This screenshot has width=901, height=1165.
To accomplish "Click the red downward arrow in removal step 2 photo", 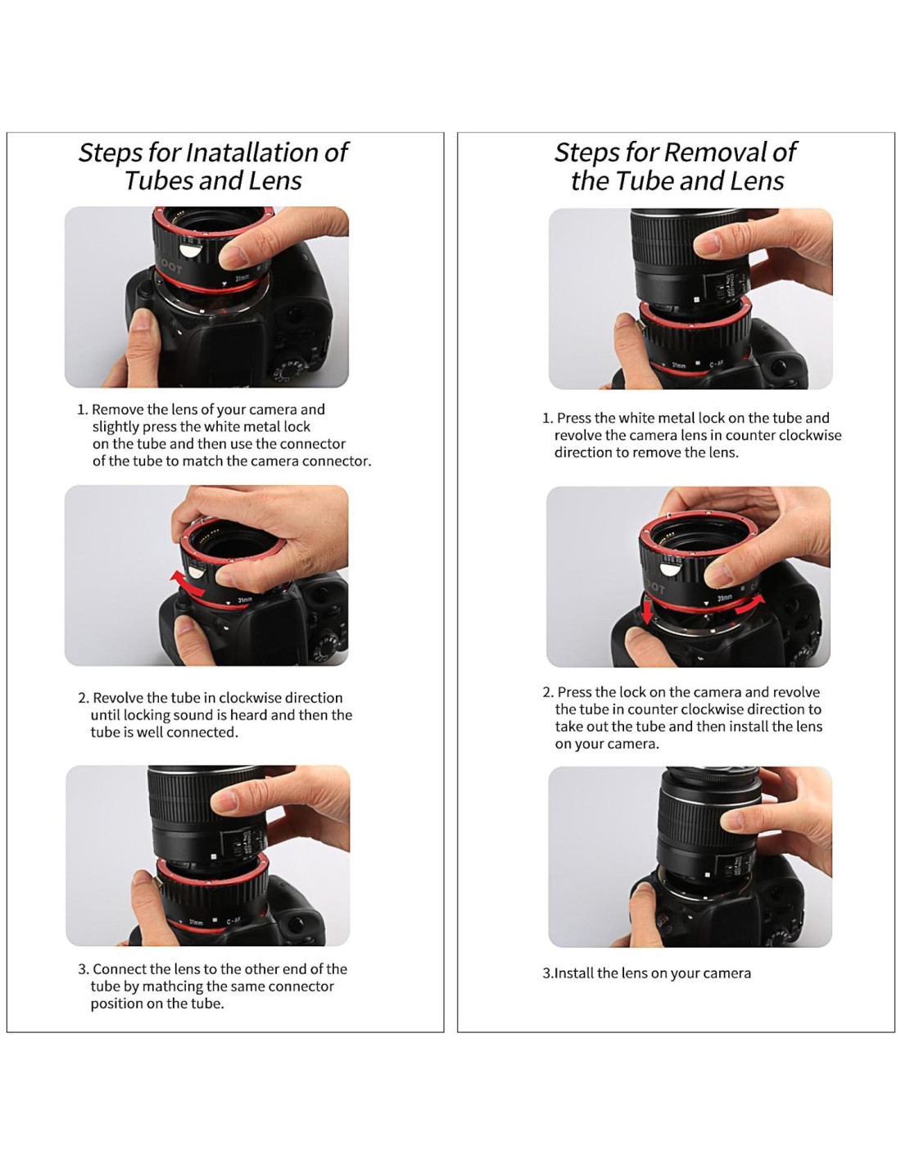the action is click(x=647, y=612).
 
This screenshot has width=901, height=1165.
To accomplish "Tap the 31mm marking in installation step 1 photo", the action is click(x=242, y=279).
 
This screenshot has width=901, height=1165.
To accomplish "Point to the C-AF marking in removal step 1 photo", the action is click(x=717, y=365).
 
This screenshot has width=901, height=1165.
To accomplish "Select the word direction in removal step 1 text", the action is click(x=582, y=452).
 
